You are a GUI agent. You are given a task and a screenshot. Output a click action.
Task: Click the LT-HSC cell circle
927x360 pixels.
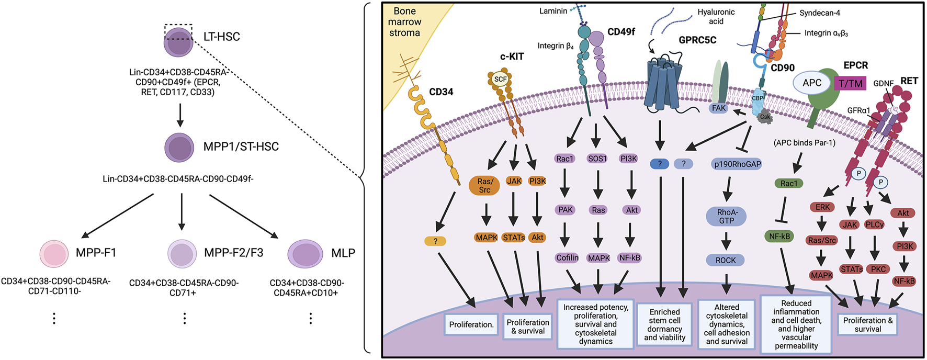178,42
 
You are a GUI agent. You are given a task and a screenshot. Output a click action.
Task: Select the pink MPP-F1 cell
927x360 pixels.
54,254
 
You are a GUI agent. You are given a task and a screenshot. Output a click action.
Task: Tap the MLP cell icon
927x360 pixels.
305,254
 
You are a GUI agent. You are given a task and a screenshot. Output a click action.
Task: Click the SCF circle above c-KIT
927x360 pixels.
501,80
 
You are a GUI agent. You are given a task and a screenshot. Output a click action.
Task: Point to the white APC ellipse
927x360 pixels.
812,83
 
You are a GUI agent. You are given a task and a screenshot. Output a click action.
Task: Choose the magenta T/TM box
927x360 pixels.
851,83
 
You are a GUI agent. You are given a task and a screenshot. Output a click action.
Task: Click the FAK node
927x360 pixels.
719,108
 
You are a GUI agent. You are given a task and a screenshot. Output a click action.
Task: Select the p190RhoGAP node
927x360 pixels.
737,164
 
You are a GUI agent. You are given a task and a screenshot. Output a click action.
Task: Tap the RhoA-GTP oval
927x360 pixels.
726,217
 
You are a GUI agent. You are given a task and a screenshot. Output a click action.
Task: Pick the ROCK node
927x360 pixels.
726,260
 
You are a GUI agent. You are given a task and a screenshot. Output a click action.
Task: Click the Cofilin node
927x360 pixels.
567,257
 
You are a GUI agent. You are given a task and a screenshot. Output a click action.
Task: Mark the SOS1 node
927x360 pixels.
597,158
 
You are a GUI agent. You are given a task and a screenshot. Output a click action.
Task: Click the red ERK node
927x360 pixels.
822,207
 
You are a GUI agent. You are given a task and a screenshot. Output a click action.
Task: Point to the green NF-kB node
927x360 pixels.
779,237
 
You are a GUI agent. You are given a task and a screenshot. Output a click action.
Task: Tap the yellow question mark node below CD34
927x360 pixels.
435,241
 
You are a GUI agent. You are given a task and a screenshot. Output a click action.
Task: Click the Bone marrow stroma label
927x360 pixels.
404,22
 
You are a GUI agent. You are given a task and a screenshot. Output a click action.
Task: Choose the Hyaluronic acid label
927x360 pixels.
716,17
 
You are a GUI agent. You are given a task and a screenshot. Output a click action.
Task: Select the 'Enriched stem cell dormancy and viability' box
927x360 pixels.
664,324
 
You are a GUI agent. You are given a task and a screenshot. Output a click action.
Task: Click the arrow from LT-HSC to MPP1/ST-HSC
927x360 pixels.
180,115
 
